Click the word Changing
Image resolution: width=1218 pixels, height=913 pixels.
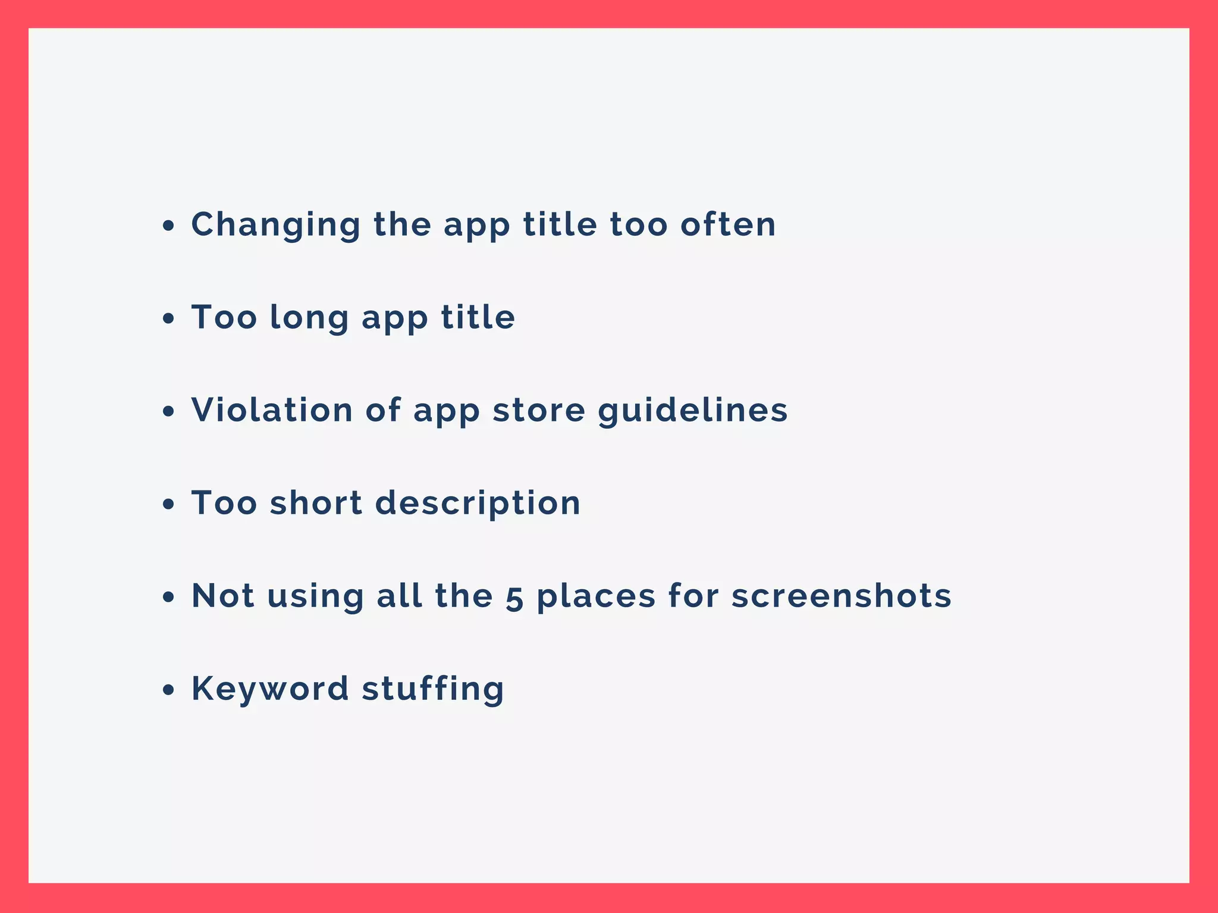[275, 225]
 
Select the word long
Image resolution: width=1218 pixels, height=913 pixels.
[309, 318]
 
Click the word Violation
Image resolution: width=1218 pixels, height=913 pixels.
[272, 410]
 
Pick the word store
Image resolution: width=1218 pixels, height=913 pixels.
[539, 410]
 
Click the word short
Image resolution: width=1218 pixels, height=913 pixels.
[316, 503]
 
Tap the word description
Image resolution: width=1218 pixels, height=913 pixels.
[478, 504]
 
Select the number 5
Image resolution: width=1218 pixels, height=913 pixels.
[514, 597]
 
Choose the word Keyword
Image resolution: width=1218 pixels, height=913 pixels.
[269, 689]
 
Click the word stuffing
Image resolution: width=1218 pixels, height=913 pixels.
[433, 689]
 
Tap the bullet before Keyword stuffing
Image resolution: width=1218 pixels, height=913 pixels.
[169, 690]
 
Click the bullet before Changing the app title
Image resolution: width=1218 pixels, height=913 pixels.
[169, 226]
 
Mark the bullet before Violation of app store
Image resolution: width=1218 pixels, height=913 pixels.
[169, 411]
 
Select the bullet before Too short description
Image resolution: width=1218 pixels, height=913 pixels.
[169, 504]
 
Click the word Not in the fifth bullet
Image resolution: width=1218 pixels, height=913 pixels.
[223, 596]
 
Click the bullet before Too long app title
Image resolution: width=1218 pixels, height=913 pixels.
[169, 318]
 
